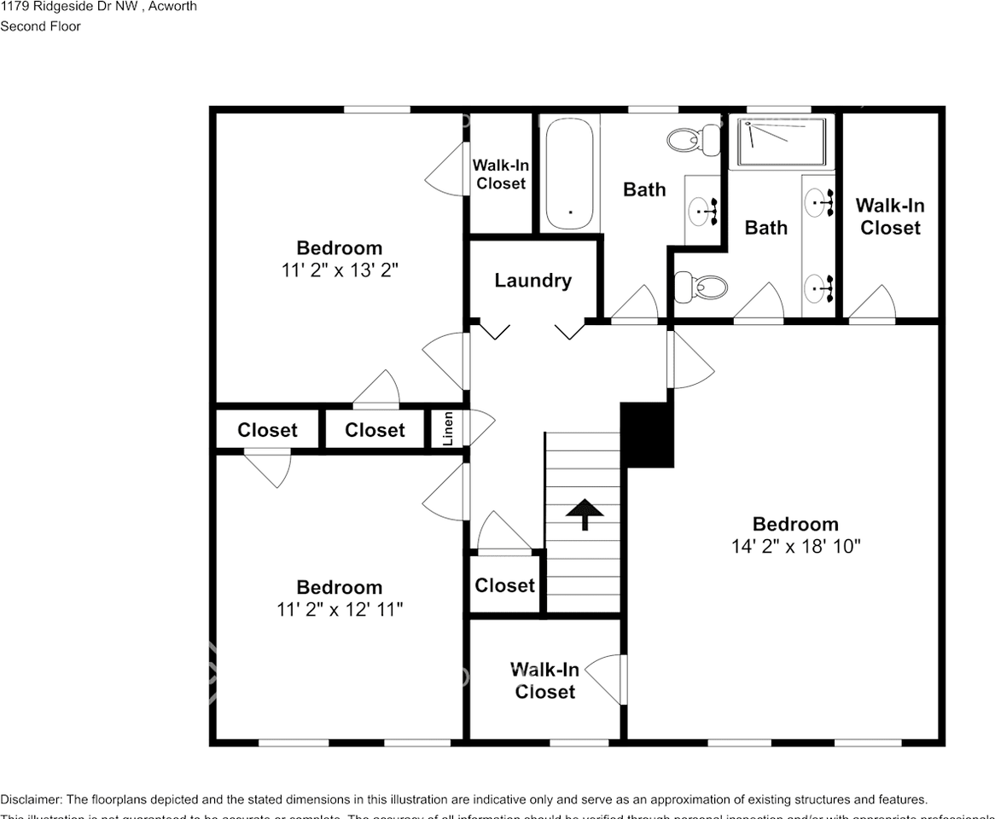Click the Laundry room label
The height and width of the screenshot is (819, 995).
pyautogui.click(x=532, y=281)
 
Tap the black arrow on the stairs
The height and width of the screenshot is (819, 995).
pyautogui.click(x=585, y=514)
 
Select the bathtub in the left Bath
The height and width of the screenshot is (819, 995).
pyautogui.click(x=569, y=173)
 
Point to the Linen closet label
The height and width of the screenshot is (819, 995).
pyautogui.click(x=448, y=429)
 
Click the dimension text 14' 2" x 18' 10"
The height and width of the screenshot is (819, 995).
pyautogui.click(x=795, y=547)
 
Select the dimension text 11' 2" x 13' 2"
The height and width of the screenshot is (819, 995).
pyautogui.click(x=340, y=270)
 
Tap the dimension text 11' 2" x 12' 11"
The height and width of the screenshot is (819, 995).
pyautogui.click(x=340, y=610)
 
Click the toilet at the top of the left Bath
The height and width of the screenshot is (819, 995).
pyautogui.click(x=694, y=139)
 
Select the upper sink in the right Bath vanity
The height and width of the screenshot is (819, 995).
pyautogui.click(x=818, y=203)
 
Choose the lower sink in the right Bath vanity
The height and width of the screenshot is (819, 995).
pyautogui.click(x=818, y=288)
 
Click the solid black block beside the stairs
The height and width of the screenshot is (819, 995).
pyautogui.click(x=647, y=434)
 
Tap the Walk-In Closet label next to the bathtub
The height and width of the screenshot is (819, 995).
pyautogui.click(x=501, y=174)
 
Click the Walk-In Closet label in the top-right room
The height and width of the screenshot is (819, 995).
pyautogui.click(x=890, y=217)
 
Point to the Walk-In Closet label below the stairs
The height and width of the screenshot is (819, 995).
pyautogui.click(x=544, y=681)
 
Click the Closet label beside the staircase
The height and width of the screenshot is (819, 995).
pyautogui.click(x=504, y=585)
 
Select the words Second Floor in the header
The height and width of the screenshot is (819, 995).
pyautogui.click(x=40, y=26)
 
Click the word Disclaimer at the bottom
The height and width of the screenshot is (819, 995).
pyautogui.click(x=30, y=799)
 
